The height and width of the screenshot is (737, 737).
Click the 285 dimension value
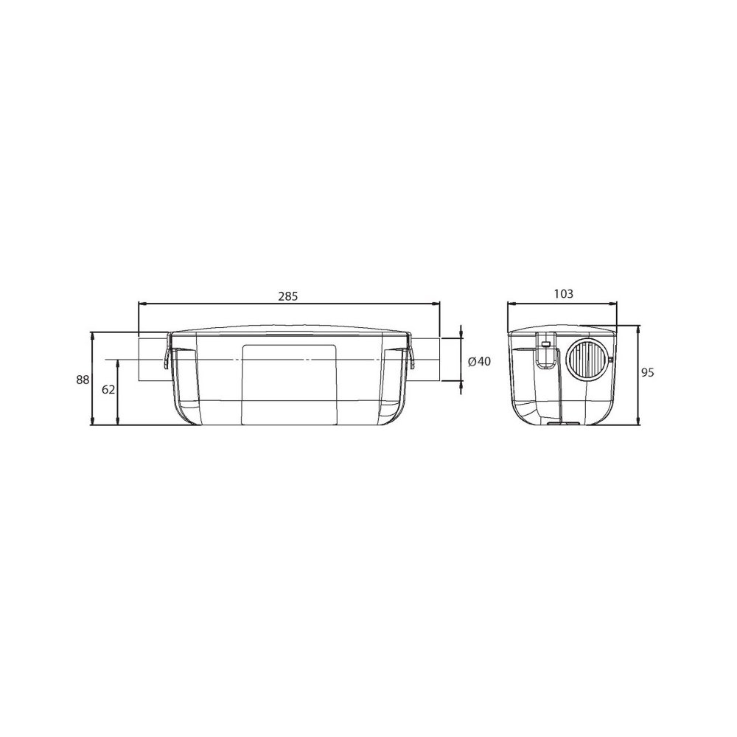coord(288,296)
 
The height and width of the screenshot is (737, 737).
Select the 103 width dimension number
coord(564,294)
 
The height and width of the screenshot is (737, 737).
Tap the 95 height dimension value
coord(648,373)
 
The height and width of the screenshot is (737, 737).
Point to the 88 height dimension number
coord(83,380)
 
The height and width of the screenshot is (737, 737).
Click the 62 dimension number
coord(108,389)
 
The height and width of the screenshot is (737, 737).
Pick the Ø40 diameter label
coord(480,361)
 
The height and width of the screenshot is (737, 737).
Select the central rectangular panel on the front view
coord(289,385)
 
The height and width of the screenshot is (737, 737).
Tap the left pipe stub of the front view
coord(153,360)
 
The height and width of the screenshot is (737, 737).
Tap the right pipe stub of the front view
coord(426,360)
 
